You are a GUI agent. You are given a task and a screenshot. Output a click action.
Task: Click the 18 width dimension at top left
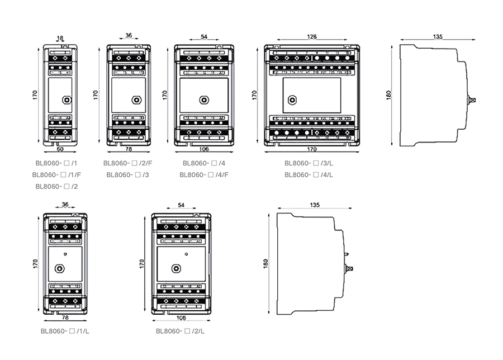[x=60, y=39]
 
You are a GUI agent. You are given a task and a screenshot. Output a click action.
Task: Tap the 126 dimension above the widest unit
[x=311, y=37]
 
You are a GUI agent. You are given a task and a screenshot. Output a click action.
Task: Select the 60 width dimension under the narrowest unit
[x=59, y=149]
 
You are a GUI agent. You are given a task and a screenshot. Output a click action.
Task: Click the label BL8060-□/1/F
[x=56, y=174]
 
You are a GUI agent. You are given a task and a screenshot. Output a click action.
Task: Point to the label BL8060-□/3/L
[x=309, y=163]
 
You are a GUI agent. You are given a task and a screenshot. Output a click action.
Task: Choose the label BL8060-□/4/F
[x=204, y=174]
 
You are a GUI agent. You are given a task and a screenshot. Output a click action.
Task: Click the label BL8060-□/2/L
[x=181, y=331]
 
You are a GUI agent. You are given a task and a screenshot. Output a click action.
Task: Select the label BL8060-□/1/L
[x=65, y=331]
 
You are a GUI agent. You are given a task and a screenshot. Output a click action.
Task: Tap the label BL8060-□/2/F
[x=127, y=163]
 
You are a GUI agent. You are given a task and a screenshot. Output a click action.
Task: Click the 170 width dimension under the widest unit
[x=311, y=149]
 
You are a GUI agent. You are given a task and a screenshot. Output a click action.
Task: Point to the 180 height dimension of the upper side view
[x=389, y=94]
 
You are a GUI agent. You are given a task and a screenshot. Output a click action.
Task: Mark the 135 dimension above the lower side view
[x=315, y=205]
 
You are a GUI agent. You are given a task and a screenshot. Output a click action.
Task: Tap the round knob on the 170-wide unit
[x=291, y=101]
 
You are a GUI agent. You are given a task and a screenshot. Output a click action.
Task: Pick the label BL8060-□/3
[x=127, y=174]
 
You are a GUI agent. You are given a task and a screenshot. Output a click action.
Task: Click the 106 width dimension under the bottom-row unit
[x=181, y=318]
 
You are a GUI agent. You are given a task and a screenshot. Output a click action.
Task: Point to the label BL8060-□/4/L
[x=309, y=174]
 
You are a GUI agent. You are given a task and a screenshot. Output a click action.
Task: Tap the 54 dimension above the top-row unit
[x=204, y=37]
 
